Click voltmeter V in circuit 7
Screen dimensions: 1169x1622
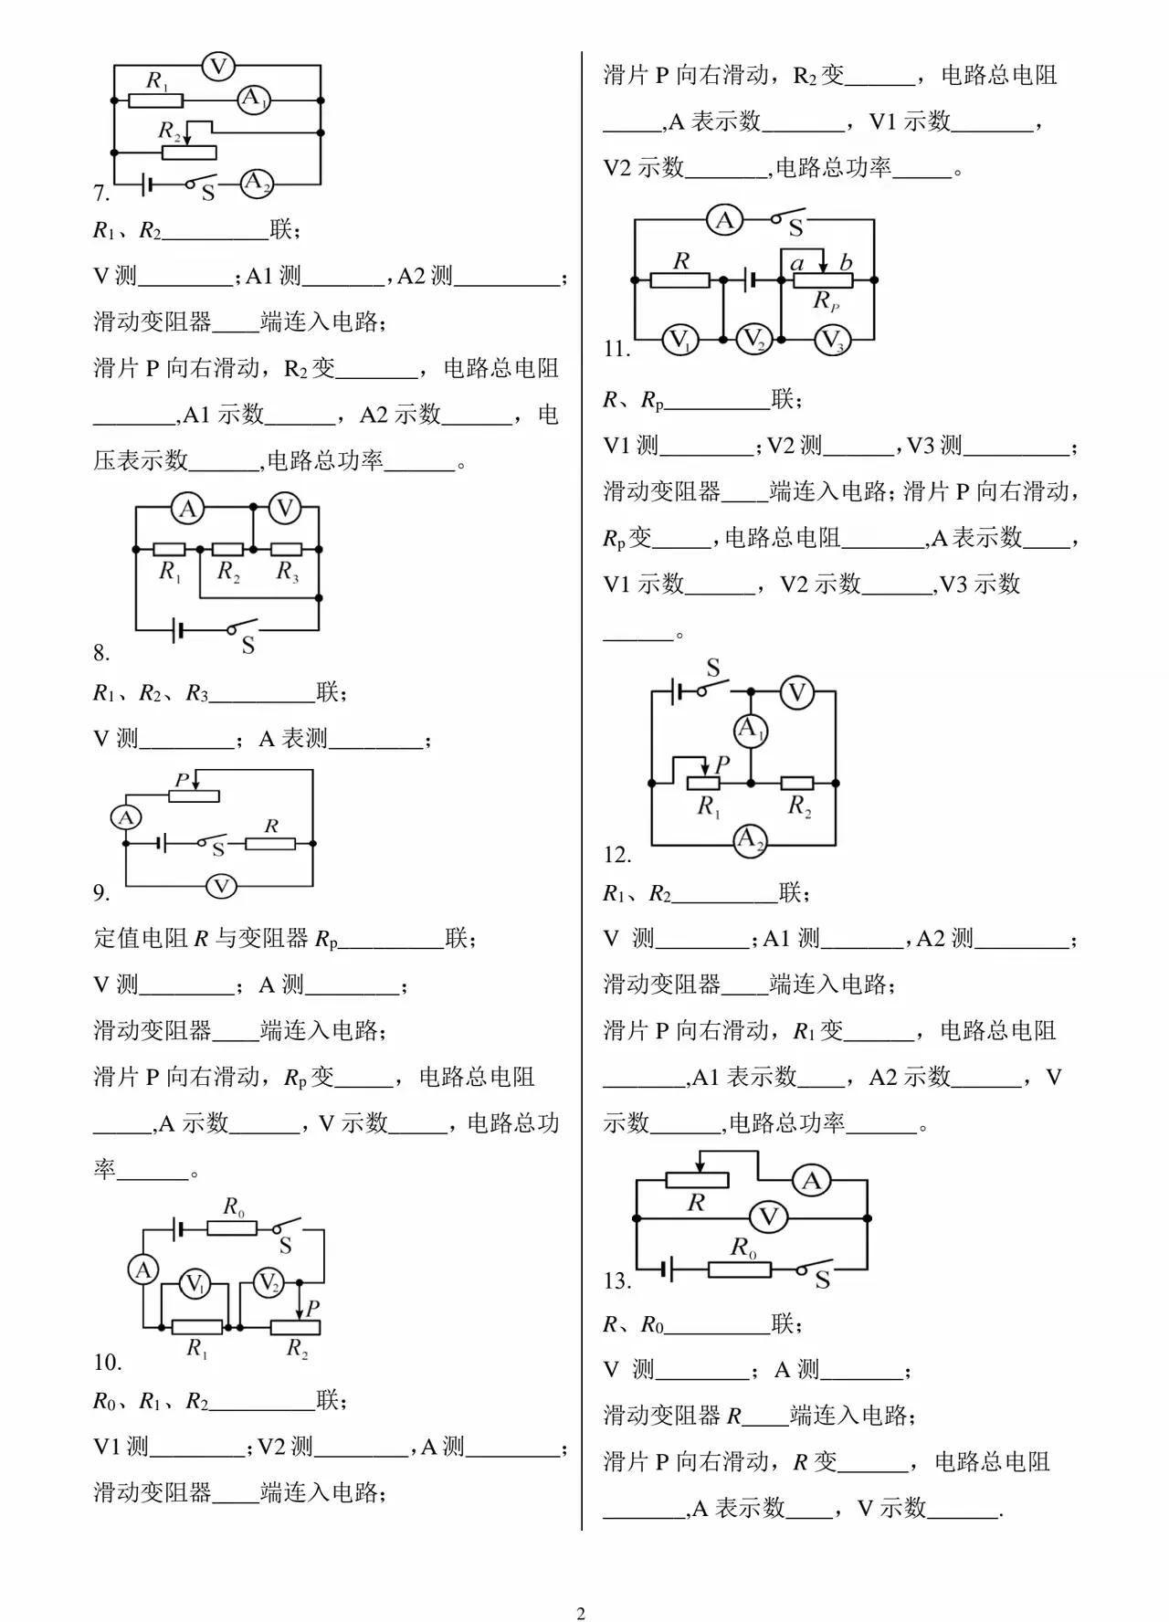tap(218, 66)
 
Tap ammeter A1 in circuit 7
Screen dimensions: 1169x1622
tap(254, 100)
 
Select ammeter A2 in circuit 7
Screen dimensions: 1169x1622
tap(257, 183)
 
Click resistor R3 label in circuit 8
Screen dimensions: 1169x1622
tap(287, 572)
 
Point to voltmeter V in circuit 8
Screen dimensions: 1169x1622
tap(285, 508)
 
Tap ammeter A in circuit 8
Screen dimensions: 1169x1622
tap(188, 509)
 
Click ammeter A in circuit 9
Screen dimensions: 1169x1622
tap(126, 817)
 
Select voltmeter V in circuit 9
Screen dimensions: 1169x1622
tap(220, 886)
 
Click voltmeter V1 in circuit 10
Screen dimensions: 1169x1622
tap(194, 1284)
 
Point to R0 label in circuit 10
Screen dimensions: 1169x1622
tap(234, 1207)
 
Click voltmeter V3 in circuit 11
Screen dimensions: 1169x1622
tap(831, 341)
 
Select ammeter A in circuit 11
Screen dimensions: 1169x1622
tap(725, 220)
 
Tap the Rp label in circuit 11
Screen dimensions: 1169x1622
tap(826, 300)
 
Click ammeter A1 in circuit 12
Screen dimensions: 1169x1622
tap(751, 730)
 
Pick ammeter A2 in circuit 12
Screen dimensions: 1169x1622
tap(750, 839)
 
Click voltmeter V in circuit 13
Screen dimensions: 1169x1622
tap(768, 1216)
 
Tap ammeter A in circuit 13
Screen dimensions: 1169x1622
tap(811, 1181)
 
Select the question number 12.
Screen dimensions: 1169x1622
tap(617, 855)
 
